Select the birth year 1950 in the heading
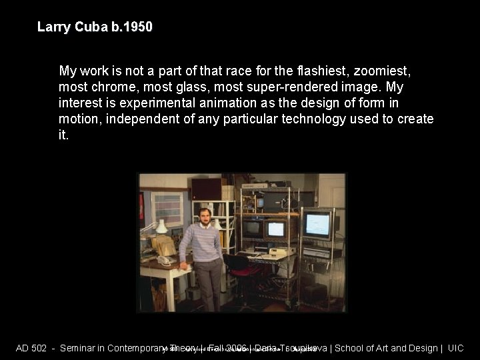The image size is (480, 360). click(139, 27)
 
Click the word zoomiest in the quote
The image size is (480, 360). click(383, 71)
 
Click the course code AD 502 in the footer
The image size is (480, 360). click(31, 348)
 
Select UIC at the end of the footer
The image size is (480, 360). click(455, 348)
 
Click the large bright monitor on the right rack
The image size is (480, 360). click(317, 224)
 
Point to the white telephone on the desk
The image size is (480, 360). click(163, 261)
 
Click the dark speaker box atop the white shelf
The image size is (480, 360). click(206, 189)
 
